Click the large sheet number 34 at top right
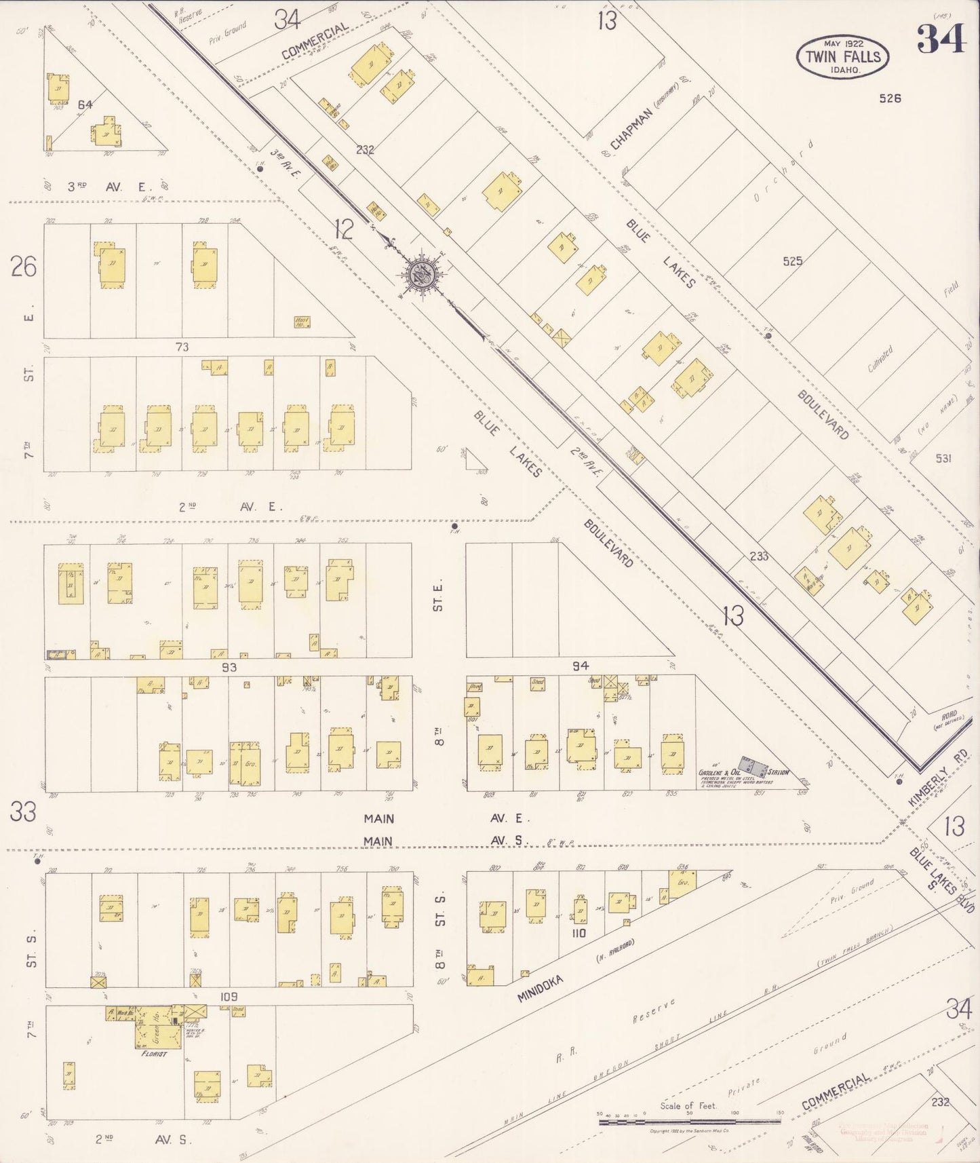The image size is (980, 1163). coord(941,39)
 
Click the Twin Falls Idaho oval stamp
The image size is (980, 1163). coord(842,57)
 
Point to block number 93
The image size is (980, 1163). coord(229,667)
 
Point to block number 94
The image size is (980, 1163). coord(580,666)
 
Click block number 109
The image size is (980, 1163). coord(229,996)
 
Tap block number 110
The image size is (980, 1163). coord(579,933)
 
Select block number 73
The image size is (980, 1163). coord(182,347)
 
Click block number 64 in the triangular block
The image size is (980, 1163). coord(85,104)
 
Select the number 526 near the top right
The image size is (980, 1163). coord(890,98)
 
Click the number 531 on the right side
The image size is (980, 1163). coord(943,458)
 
